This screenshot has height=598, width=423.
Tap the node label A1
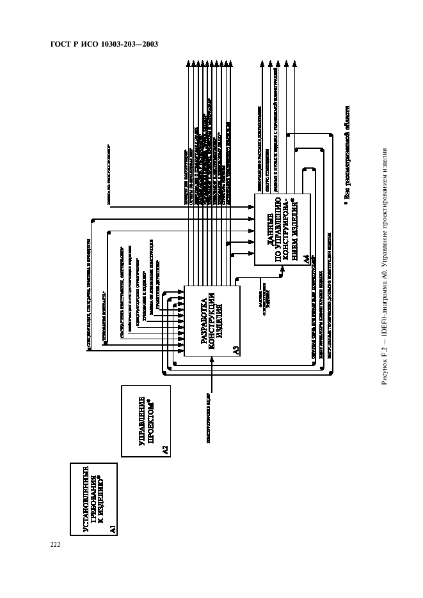pyautogui.click(x=112, y=528)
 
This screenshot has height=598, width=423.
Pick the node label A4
pyautogui.click(x=307, y=259)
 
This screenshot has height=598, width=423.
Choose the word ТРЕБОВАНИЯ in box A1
pyautogui.click(x=87, y=499)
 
